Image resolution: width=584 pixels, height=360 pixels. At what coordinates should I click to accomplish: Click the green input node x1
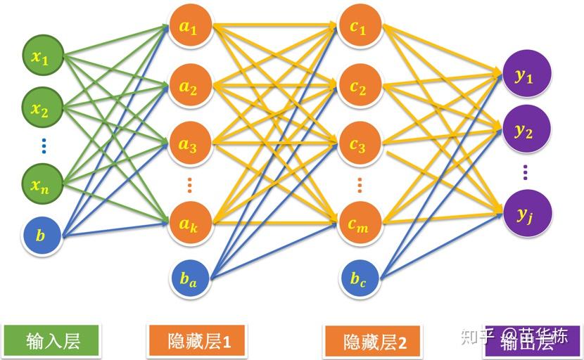click(x=42, y=58)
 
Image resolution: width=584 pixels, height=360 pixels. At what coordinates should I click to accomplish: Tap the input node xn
click(x=42, y=185)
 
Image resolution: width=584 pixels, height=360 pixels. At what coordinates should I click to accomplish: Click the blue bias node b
click(x=42, y=236)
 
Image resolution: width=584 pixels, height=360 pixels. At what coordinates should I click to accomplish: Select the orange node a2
click(x=189, y=87)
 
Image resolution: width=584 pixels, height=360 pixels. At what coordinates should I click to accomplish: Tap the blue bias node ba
click(x=189, y=278)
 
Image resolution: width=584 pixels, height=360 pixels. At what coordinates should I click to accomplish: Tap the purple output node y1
click(x=525, y=76)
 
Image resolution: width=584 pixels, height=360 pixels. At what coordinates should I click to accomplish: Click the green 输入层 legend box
click(x=52, y=341)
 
